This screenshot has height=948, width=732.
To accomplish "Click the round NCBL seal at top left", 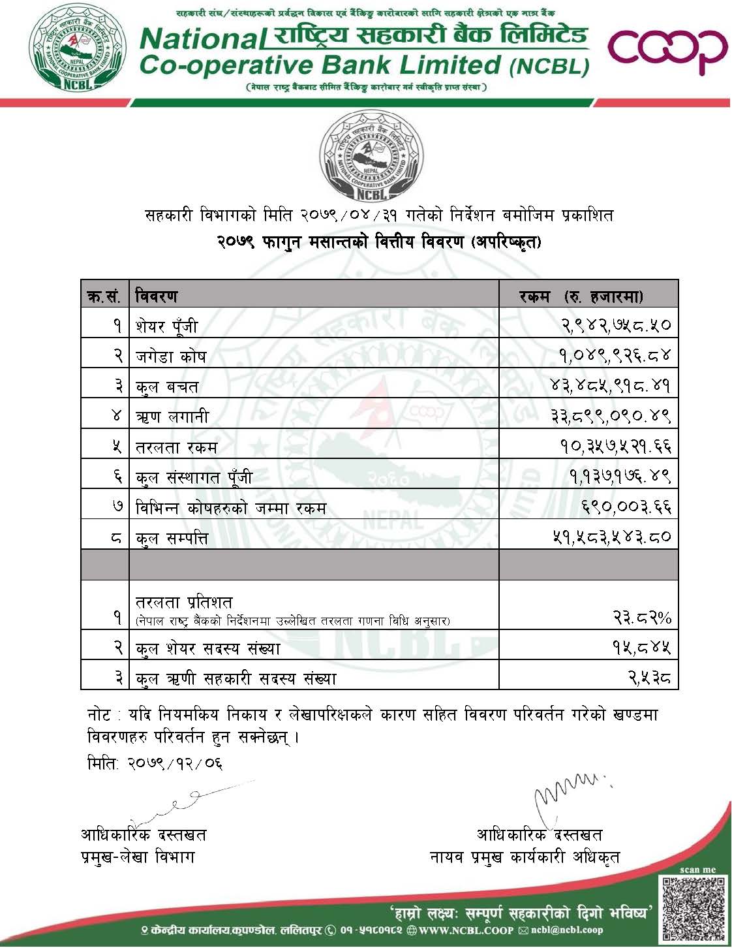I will click(79, 51).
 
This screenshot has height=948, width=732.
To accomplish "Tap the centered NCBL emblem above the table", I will click(370, 155).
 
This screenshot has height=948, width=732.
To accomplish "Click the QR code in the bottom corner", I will click(694, 908).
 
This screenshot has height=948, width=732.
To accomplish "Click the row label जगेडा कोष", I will click(171, 356).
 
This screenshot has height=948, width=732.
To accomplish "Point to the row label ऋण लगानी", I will click(172, 416).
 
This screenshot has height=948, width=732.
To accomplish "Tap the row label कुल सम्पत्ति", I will click(172, 537).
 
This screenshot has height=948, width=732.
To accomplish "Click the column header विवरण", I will click(157, 296).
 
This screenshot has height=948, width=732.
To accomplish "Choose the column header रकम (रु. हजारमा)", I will click(581, 296).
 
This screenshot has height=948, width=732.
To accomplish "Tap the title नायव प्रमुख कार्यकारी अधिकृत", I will click(525, 857).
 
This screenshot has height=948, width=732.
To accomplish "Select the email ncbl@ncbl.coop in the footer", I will click(566, 930).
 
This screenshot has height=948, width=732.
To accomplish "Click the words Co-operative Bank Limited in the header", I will click(320, 65).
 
